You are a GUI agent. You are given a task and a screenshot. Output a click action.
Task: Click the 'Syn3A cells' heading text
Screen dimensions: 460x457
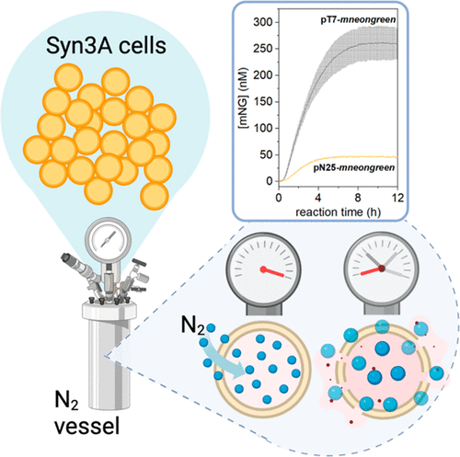click(106, 46)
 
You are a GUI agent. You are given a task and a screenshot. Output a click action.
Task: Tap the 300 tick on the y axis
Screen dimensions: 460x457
click(263, 22)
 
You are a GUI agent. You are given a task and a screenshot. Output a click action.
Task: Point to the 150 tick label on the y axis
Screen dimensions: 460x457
click(263, 102)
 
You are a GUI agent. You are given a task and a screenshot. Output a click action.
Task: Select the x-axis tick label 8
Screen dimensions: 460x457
click(358, 198)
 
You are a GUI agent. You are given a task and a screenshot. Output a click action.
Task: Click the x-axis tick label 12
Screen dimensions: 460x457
click(397, 198)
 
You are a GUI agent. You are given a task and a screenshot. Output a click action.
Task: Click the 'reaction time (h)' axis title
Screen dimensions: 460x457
click(339, 212)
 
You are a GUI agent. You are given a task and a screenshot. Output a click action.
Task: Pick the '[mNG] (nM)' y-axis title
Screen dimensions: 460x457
click(244, 98)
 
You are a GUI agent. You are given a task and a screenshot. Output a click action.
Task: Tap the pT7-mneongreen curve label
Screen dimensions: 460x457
click(358, 20)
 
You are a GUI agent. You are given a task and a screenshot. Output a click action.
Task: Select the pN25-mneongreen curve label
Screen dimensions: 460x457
click(354, 168)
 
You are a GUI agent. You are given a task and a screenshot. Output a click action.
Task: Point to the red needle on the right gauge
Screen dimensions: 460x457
click(372, 271)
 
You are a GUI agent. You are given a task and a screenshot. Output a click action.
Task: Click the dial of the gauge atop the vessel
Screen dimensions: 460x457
click(109, 240)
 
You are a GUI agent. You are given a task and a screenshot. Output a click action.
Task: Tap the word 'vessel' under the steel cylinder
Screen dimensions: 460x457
click(86, 427)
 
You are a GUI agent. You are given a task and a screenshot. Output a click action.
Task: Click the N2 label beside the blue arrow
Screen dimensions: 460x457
click(193, 326)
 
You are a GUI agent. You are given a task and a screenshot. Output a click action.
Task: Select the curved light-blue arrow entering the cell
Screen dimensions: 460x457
click(223, 359)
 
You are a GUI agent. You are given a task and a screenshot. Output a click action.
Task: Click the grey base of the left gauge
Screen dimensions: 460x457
click(264, 306)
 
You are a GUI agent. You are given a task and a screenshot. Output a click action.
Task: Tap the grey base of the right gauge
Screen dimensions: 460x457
click(382, 305)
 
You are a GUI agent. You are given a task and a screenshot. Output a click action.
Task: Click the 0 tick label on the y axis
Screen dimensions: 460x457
click(270, 181)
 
